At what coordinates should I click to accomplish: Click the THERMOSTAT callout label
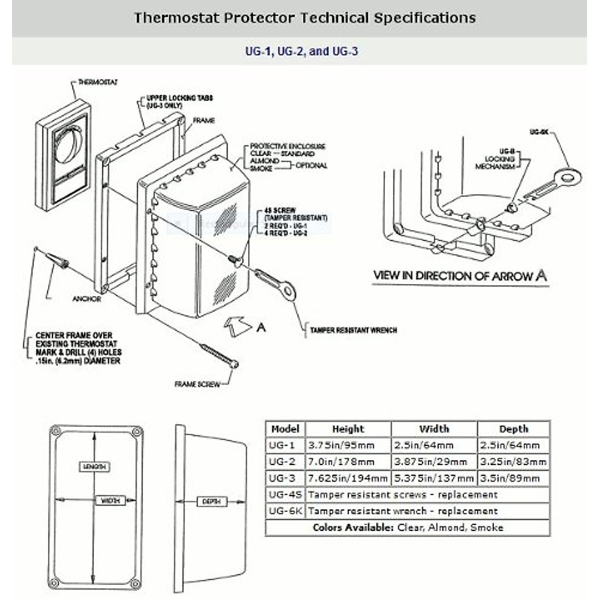(98, 82)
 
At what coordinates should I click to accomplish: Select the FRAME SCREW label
(197, 384)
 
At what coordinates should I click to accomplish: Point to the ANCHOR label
(87, 299)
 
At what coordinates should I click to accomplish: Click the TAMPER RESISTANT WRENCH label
(353, 330)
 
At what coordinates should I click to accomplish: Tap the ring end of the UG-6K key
(569, 176)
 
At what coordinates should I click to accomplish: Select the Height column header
(348, 429)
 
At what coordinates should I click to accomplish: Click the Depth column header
(513, 429)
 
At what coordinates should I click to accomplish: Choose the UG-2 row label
(282, 462)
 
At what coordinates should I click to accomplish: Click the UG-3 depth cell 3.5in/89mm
(510, 478)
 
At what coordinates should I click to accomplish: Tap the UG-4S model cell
(285, 495)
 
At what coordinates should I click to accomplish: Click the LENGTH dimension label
(94, 467)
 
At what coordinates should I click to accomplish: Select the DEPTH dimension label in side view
(212, 502)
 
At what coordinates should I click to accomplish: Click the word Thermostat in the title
(176, 18)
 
